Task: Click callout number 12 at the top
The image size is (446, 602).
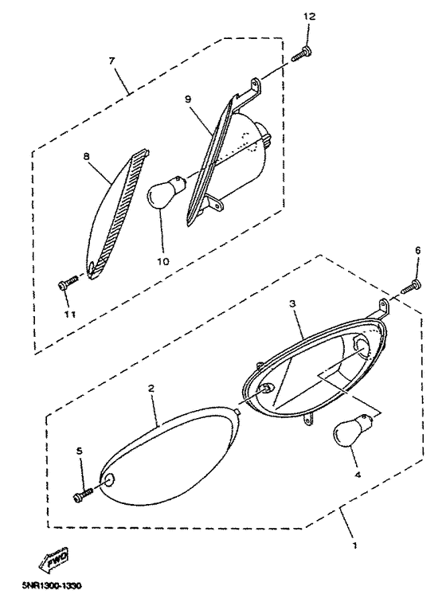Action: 309,16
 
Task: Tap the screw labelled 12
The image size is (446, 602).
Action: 302,54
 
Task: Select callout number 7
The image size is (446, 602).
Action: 111,61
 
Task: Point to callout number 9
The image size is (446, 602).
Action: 187,100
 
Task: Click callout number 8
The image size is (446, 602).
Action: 86,156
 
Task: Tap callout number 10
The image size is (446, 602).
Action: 163,261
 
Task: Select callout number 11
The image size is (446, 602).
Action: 69,314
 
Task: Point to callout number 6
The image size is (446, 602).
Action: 417,250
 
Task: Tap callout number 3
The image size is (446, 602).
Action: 292,303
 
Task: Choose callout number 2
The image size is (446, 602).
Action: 151,388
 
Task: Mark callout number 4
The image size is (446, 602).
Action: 358,475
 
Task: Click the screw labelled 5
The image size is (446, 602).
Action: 83,494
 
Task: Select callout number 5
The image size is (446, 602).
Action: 80,451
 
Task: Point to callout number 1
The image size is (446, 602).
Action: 355,545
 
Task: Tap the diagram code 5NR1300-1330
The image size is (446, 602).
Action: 52,586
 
